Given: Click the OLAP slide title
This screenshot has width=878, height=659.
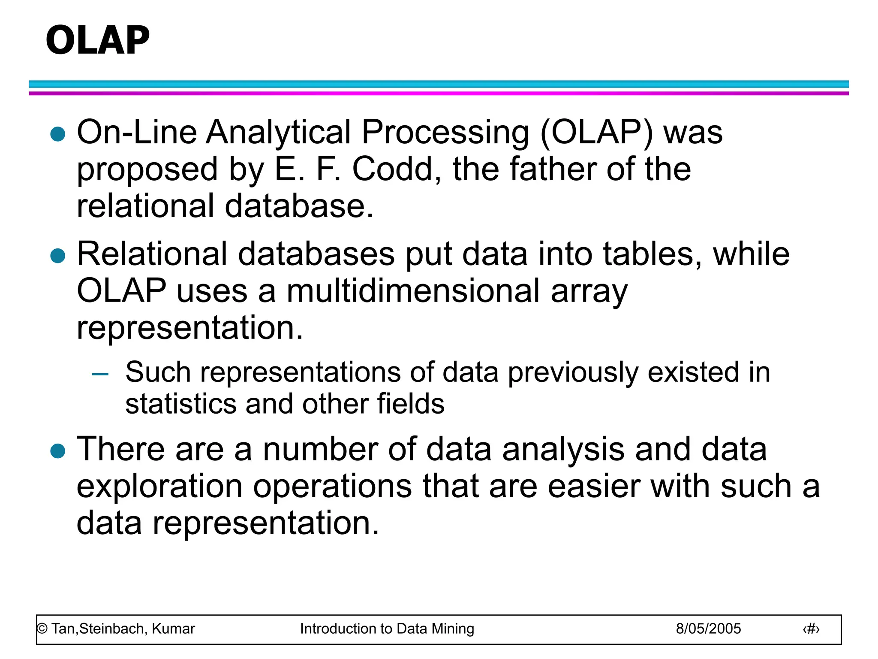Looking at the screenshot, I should tap(98, 40).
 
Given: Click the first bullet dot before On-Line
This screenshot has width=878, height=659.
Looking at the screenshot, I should tap(57, 134).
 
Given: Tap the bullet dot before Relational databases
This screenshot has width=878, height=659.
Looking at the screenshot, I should tap(57, 256).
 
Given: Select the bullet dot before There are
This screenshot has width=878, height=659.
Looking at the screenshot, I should tap(57, 451).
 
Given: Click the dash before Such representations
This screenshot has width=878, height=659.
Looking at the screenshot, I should tap(100, 374).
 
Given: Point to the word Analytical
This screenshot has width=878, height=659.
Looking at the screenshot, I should tap(279, 132).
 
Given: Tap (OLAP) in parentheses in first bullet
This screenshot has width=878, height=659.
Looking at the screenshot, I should tap(596, 132).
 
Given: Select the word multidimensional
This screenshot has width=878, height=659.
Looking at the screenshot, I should tap(413, 291).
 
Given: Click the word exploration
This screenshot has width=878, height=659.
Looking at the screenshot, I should tap(159, 487).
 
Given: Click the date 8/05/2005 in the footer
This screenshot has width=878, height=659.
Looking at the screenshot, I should tap(708, 629).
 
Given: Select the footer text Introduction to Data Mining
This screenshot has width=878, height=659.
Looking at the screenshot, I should tap(387, 629).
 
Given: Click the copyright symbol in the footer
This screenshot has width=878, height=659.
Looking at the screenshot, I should tap(42, 629).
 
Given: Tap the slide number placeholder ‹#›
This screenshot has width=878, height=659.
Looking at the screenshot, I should tap(811, 629).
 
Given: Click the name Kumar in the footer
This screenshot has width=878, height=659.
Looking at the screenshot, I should tap(173, 629).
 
